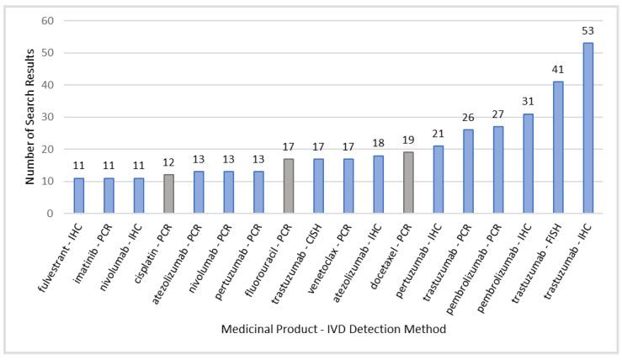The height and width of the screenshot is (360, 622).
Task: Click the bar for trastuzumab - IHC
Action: (587, 128)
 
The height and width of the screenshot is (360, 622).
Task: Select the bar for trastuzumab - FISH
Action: (557, 147)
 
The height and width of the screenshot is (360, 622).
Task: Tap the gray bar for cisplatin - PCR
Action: (168, 194)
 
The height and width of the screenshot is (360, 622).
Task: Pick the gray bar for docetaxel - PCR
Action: (408, 183)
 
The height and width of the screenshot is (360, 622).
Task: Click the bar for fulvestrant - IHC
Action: (79, 196)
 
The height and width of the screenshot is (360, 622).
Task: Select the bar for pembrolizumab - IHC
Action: (528, 163)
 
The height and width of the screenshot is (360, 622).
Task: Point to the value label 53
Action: (587, 31)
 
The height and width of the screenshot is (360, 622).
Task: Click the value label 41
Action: (557, 70)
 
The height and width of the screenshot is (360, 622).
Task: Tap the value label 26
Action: (468, 119)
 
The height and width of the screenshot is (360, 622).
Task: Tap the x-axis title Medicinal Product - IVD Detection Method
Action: (333, 329)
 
